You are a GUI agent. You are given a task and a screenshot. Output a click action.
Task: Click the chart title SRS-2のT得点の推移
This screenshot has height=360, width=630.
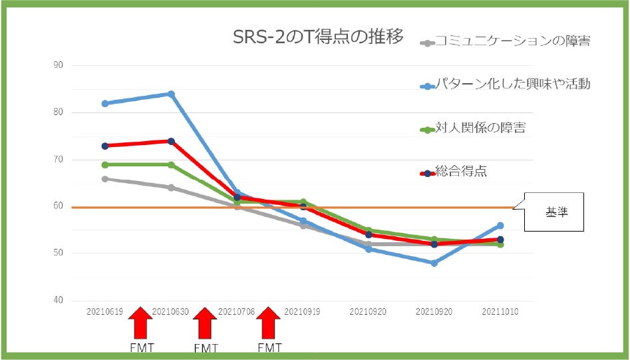click(317, 37)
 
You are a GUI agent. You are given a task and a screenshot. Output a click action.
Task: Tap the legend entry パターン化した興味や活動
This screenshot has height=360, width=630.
click(512, 85)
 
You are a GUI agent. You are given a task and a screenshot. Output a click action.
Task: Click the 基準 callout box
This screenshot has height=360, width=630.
click(554, 212)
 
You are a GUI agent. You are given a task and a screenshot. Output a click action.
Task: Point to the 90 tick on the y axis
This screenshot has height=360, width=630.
click(58, 65)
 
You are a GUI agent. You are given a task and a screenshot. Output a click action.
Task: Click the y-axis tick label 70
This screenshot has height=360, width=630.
click(58, 160)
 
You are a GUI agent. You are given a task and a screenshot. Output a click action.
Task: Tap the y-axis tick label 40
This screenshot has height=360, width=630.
click(58, 300)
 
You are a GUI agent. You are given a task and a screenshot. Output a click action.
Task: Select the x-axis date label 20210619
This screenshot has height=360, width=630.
click(104, 311)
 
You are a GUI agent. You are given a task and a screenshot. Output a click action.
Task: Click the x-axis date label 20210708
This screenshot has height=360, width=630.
click(236, 311)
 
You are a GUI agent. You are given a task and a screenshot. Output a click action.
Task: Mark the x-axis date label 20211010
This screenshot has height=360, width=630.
click(500, 311)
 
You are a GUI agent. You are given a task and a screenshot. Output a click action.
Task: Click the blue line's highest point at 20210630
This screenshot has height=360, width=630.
click(171, 94)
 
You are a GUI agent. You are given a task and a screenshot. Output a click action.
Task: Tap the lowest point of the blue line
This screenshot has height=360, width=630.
click(434, 263)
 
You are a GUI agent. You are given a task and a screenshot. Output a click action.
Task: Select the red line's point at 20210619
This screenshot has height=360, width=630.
click(105, 146)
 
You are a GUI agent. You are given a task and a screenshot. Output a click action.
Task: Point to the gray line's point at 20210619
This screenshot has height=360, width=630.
click(105, 178)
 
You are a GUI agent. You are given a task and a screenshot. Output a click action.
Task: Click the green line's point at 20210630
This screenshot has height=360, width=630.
click(171, 164)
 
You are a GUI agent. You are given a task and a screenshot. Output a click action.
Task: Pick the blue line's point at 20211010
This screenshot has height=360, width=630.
click(500, 226)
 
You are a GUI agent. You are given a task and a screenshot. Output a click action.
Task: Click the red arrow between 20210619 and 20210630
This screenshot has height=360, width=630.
click(140, 324)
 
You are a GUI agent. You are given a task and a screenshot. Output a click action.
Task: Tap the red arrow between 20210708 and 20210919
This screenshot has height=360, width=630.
click(269, 324)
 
